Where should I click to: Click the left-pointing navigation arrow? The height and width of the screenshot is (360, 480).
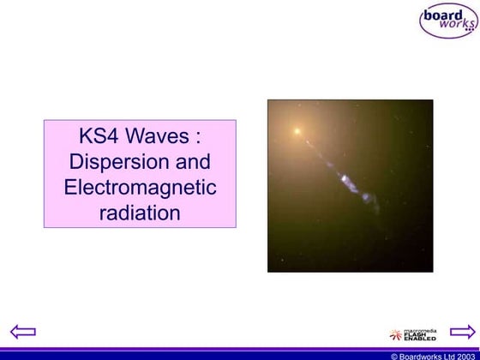(22, 332)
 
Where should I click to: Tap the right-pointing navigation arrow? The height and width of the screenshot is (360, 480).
(462, 332)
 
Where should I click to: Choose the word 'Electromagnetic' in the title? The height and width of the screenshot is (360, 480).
(140, 187)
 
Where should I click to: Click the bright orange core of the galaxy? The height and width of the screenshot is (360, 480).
(297, 132)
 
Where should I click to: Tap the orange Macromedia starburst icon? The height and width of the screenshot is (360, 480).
(396, 334)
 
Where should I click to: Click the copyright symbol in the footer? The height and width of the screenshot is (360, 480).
(394, 355)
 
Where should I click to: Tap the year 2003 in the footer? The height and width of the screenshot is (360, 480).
(464, 355)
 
